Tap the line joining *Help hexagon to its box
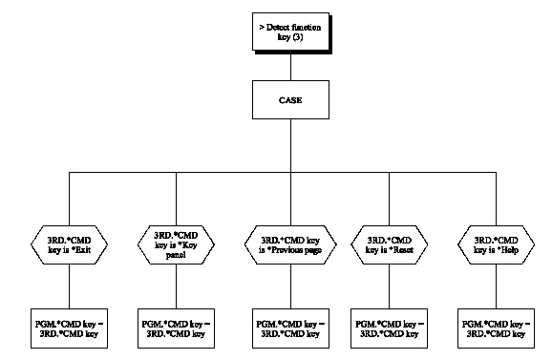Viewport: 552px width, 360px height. pos(494,286)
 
